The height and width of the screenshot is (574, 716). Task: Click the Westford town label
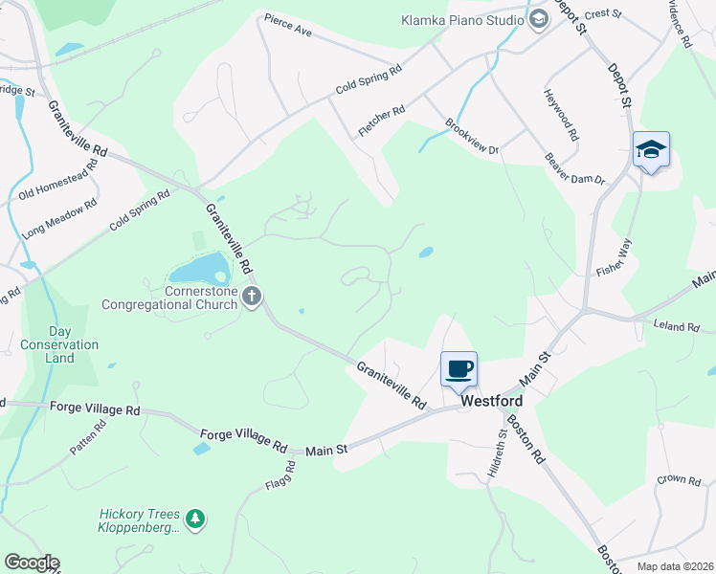[x=491, y=404]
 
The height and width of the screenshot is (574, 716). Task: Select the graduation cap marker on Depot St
[x=651, y=149]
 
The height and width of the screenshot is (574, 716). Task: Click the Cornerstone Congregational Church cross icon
[x=252, y=297]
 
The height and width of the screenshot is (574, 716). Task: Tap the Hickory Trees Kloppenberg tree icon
[x=195, y=519]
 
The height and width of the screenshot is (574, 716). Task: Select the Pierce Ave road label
[x=289, y=26]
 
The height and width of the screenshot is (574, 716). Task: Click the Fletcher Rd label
[x=381, y=121]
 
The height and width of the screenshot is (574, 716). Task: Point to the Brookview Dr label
[x=473, y=137]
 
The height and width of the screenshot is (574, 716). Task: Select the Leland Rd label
[x=676, y=326]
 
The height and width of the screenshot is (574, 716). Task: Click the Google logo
[x=32, y=563]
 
